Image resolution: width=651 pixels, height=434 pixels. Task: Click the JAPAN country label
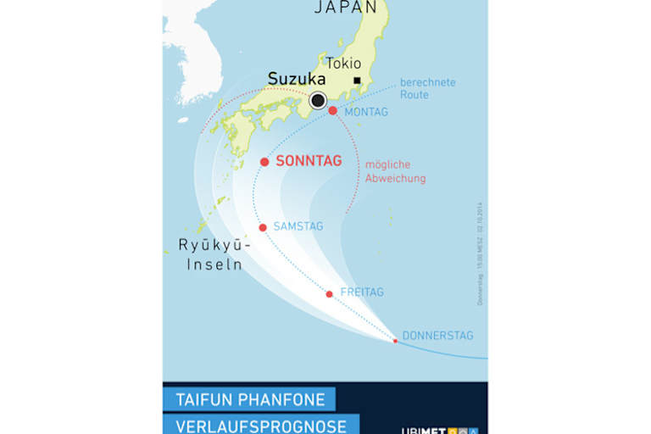click(x=345, y=8)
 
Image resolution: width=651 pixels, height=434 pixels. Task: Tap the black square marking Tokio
click(x=357, y=81)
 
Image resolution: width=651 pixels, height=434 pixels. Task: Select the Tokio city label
click(x=343, y=64)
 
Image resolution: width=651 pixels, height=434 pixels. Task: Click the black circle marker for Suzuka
click(x=318, y=101)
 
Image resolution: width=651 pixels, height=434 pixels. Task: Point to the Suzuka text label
click(x=297, y=79)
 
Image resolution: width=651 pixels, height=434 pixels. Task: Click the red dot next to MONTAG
click(x=332, y=111)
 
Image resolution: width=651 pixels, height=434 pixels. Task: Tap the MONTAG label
click(x=366, y=112)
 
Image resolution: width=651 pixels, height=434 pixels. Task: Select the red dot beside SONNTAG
click(x=264, y=162)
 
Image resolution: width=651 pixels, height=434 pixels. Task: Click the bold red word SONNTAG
click(x=309, y=161)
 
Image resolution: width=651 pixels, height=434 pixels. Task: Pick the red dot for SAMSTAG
click(x=263, y=227)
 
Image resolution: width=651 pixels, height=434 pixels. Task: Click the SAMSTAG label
click(x=298, y=226)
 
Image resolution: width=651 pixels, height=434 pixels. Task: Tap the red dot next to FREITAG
click(x=330, y=294)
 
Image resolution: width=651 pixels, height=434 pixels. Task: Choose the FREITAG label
click(x=362, y=292)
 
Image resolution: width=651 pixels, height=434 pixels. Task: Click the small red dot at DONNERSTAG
click(x=395, y=341)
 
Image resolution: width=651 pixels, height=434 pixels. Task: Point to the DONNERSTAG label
click(x=437, y=336)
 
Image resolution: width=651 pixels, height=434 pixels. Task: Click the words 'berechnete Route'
click(x=427, y=88)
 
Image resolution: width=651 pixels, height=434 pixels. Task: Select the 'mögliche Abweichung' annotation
click(x=395, y=171)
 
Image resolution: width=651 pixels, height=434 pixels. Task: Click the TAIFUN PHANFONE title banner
click(x=249, y=398)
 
